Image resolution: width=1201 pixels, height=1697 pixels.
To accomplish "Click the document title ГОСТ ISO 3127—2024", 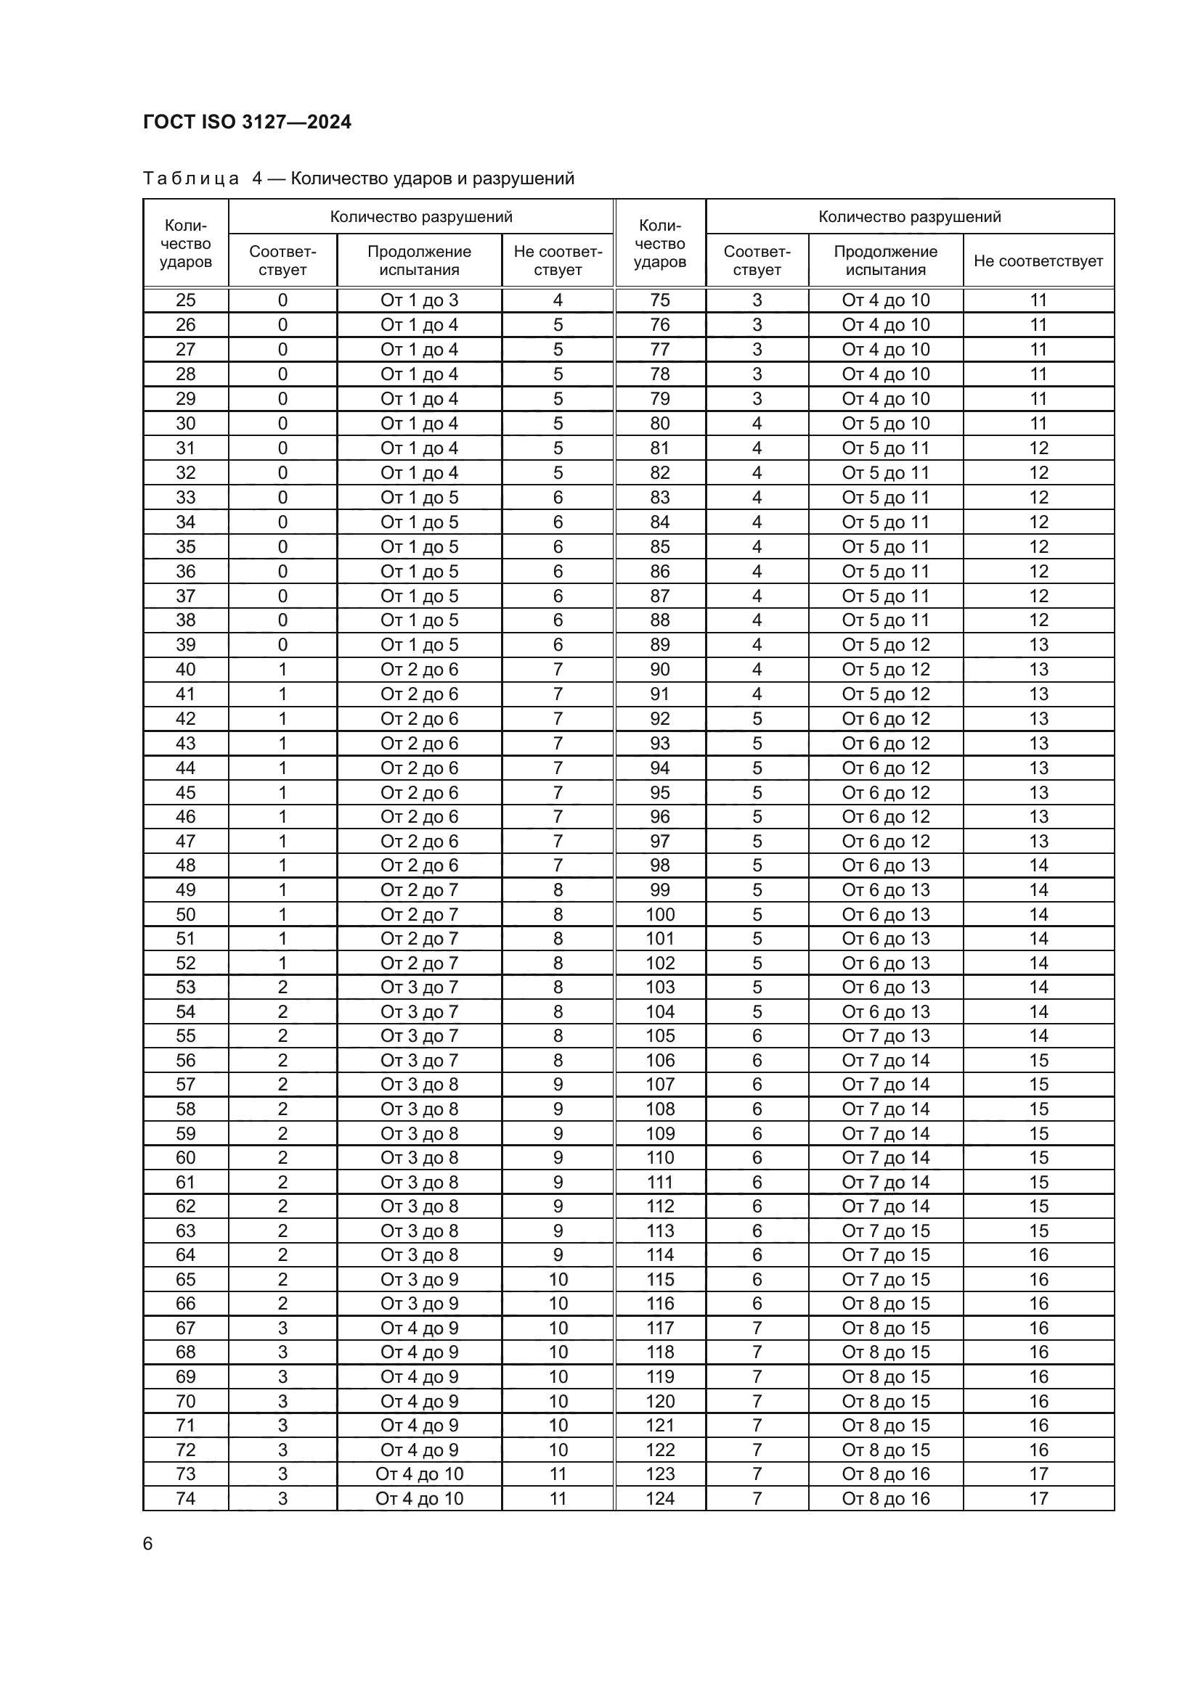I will pyautogui.click(x=247, y=122).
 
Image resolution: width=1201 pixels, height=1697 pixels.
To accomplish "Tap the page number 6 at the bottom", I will pyautogui.click(x=148, y=1544).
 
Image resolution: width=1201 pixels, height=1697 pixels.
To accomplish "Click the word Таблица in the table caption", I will pyautogui.click(x=191, y=179).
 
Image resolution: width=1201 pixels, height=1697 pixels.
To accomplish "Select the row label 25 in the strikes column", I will pyautogui.click(x=186, y=301).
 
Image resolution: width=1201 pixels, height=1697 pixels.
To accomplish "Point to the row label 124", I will pyautogui.click(x=659, y=1498).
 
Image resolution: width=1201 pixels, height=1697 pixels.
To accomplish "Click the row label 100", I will pyautogui.click(x=659, y=914).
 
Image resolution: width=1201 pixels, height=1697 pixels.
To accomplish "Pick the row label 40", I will pyautogui.click(x=186, y=670).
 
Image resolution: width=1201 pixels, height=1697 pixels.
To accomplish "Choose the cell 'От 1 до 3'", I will pyautogui.click(x=419, y=301).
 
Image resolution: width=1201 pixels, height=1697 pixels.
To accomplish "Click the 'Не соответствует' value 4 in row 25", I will pyautogui.click(x=558, y=301).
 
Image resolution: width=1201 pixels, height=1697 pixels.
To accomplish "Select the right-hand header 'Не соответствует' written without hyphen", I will pyautogui.click(x=1038, y=261).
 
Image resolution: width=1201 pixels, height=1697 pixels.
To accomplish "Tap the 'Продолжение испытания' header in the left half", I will pyautogui.click(x=419, y=261).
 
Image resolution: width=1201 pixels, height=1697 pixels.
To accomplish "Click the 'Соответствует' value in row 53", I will pyautogui.click(x=282, y=987).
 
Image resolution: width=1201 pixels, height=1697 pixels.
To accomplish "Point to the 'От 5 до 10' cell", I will pyautogui.click(x=885, y=424).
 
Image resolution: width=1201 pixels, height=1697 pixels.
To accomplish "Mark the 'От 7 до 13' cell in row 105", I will pyautogui.click(x=885, y=1036).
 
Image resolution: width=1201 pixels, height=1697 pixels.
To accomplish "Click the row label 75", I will pyautogui.click(x=659, y=301).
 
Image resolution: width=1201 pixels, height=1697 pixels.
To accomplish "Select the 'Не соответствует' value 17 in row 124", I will pyautogui.click(x=1038, y=1498).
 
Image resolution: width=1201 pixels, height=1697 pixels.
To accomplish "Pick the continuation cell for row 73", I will pyautogui.click(x=419, y=1474).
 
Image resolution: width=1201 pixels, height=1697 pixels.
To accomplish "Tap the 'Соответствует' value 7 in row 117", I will pyautogui.click(x=757, y=1328).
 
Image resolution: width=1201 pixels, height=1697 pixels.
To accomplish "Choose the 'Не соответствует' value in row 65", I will pyautogui.click(x=558, y=1279).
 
